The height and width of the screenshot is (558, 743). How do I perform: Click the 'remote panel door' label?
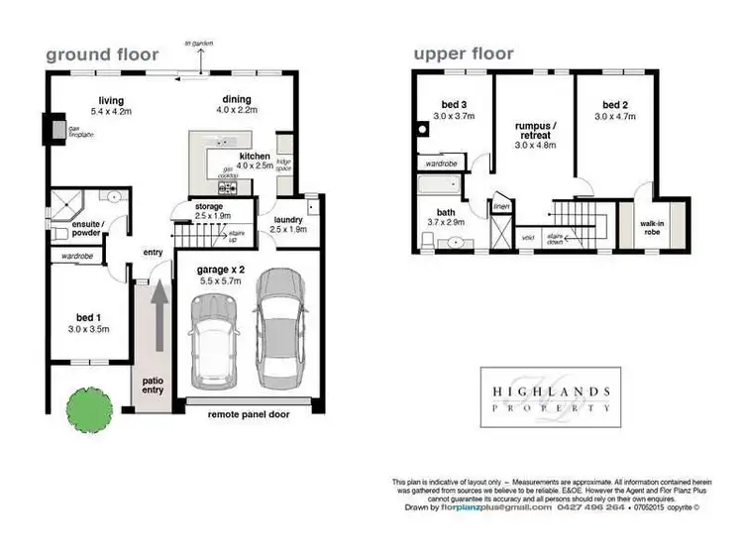coord(248,415)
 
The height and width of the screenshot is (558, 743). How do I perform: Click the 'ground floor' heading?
coord(102,55)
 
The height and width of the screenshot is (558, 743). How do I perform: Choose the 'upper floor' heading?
coord(464,55)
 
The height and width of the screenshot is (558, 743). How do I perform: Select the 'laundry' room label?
coord(283,221)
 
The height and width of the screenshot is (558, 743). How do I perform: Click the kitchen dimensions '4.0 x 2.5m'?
coord(255,167)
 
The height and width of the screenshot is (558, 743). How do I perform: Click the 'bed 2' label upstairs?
coord(615,104)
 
